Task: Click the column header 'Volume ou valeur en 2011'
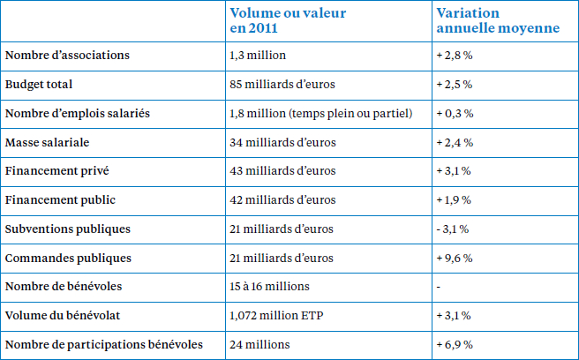288,20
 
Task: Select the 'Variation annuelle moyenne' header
498,20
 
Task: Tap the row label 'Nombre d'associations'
67,56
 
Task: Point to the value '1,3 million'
258,56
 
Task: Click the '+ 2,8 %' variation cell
455,56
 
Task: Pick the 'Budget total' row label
39,85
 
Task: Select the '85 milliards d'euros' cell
282,85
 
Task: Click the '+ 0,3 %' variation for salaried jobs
455,113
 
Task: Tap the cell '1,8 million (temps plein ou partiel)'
321,113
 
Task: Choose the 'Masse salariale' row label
48,143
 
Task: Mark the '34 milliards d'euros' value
282,143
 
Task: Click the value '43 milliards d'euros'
282,171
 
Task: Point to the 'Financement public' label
60,200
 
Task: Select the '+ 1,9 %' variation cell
454,200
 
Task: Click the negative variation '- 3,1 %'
453,229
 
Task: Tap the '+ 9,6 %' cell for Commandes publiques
455,259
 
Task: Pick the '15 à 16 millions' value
269,287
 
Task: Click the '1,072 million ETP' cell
276,316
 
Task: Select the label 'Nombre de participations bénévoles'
104,344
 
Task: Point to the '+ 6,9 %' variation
455,345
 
